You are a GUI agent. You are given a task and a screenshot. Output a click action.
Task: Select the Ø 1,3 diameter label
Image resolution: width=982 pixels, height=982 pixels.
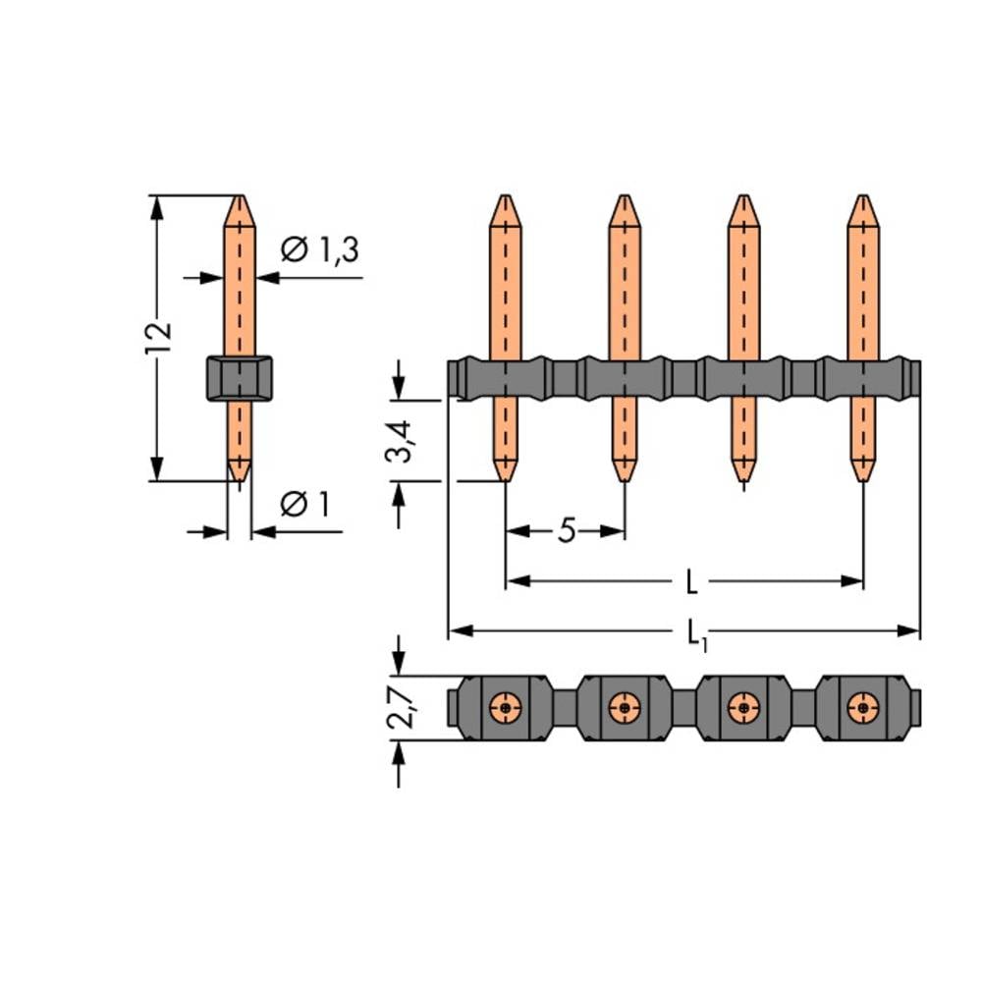[320, 249]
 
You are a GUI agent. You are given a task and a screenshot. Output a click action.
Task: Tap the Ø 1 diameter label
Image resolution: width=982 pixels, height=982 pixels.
[305, 504]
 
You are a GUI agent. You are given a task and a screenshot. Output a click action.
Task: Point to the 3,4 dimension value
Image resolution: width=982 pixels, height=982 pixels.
[399, 441]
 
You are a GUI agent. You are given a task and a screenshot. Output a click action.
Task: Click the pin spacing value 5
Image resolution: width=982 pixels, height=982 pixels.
[567, 531]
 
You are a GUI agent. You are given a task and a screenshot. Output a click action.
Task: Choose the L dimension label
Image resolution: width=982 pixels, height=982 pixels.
[691, 582]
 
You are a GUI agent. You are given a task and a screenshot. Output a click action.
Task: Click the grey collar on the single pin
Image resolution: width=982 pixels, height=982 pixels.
[240, 378]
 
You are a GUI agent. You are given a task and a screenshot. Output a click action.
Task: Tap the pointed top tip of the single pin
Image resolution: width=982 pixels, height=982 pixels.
[240, 196]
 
